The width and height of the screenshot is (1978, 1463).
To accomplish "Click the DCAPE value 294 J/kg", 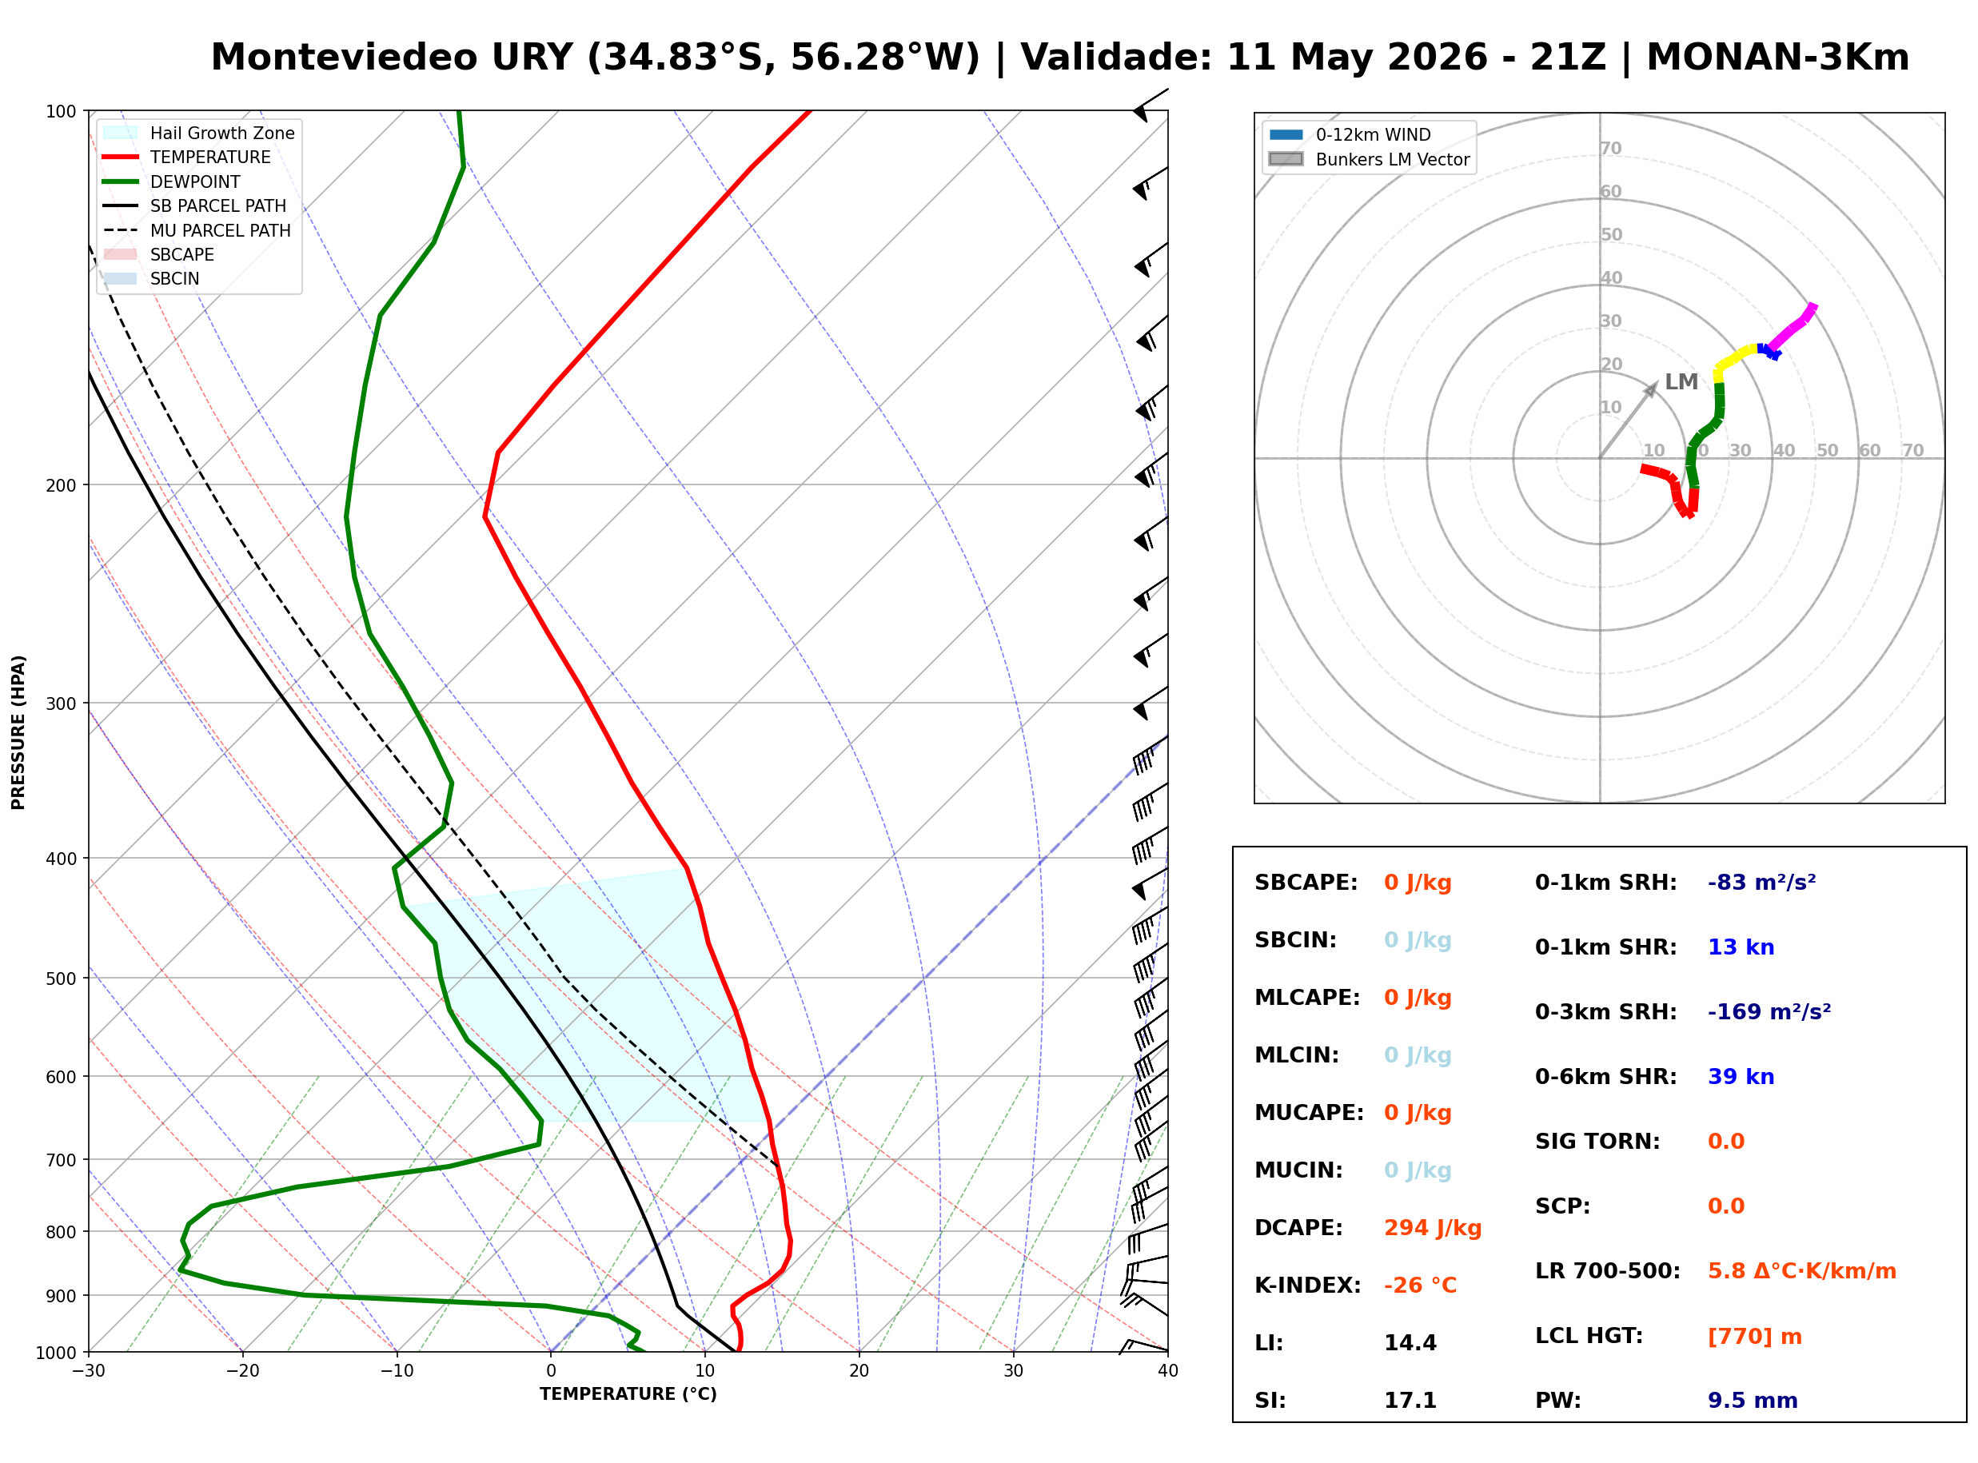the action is click(1433, 1228).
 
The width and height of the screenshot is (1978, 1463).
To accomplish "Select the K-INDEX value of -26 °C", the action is click(1420, 1286).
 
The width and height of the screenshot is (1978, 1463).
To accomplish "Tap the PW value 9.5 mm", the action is click(1753, 1401).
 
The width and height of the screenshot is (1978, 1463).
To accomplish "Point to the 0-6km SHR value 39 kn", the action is click(1741, 1077).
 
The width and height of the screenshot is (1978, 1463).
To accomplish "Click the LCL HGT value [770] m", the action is click(1755, 1337).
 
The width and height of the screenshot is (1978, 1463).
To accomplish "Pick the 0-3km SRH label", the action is click(1605, 1012).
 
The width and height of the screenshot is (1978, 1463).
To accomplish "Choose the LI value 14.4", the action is click(1410, 1343).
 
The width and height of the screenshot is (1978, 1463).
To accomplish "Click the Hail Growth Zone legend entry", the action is click(199, 133).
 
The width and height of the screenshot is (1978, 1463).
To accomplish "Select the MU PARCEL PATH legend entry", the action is click(197, 230).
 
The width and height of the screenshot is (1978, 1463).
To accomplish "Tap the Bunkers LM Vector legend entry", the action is click(1369, 159).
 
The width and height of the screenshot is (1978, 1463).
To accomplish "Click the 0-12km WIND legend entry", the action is click(1350, 134).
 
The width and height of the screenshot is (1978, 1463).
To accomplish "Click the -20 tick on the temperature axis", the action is click(242, 1371).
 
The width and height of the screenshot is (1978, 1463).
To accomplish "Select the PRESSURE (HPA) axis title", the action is click(18, 732).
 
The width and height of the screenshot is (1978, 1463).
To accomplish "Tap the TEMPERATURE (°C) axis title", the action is click(628, 1394).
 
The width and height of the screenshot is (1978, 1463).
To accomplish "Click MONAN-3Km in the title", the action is click(1777, 58).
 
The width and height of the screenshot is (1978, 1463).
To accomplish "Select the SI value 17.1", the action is click(1410, 1401).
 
